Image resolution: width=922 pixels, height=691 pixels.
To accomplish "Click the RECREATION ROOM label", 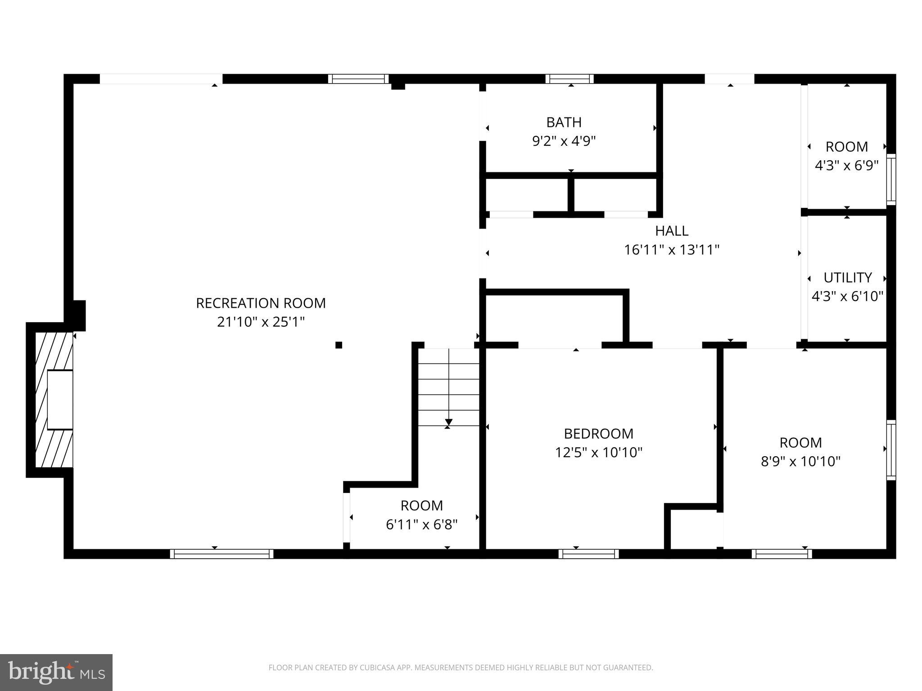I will [x=261, y=303].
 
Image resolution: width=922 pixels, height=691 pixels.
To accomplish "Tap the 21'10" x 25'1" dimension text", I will [x=261, y=322].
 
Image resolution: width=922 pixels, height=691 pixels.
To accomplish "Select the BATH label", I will [x=564, y=122].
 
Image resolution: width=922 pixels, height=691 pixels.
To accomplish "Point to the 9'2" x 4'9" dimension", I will [x=564, y=141].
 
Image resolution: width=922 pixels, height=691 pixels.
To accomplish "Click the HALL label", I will [x=671, y=231].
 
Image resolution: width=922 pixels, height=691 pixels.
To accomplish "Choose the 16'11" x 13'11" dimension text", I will [x=671, y=250].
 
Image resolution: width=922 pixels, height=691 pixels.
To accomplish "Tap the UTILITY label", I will [x=847, y=278].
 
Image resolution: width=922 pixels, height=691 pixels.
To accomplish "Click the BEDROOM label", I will [x=598, y=434].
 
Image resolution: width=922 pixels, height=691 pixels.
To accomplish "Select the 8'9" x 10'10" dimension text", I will [x=800, y=462].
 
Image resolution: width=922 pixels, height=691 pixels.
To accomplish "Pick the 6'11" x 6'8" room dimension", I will [x=421, y=525].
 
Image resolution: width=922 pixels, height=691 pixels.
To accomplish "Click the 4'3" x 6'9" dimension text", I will [x=846, y=166].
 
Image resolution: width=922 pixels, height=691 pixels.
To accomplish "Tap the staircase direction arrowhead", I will [x=448, y=422].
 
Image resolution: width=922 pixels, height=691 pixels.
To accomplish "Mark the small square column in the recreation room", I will [x=339, y=345].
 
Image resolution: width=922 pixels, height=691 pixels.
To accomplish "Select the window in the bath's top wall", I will [x=569, y=79].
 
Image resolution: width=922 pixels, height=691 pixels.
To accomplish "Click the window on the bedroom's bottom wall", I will [x=588, y=554].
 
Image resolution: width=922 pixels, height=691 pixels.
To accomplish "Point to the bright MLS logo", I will [x=56, y=673].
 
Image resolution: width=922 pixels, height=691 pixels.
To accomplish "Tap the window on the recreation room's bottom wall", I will [x=221, y=554].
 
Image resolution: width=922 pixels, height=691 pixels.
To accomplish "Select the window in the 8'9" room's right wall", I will [x=890, y=449].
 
